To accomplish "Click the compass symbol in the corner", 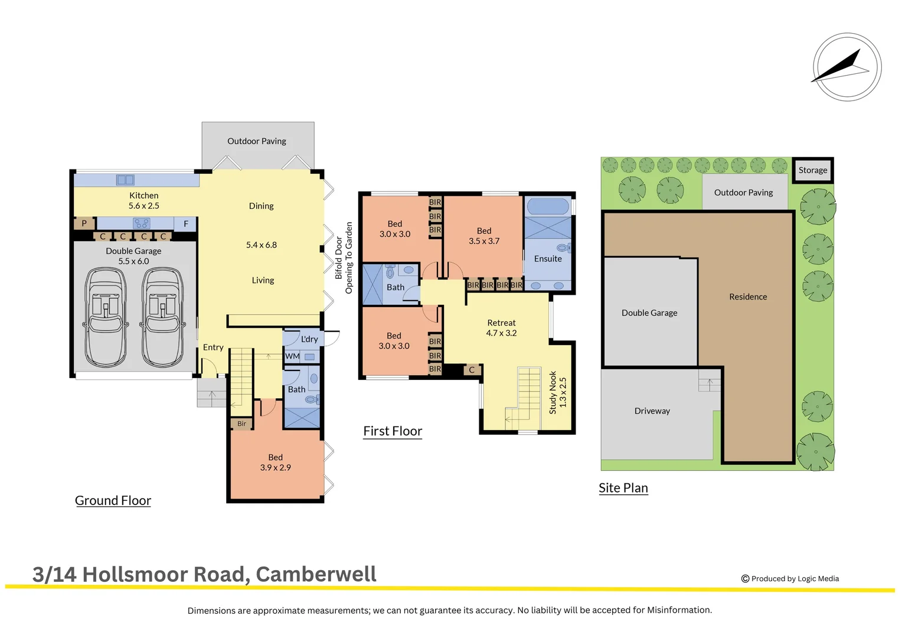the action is tap(847, 67).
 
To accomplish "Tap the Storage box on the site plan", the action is tap(813, 170).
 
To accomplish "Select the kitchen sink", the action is tap(125, 180).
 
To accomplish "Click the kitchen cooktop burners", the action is tap(141, 223).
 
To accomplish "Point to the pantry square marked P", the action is tap(84, 223).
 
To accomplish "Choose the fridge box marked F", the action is tap(186, 224).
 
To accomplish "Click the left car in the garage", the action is tap(106, 317).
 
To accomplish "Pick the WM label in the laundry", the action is tap(292, 356).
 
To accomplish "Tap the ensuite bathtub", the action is tap(548, 206).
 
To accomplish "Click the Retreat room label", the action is tap(501, 323).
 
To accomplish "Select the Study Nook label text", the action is tap(553, 392).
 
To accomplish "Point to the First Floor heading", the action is tap(393, 431).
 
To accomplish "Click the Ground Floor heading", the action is tap(113, 501).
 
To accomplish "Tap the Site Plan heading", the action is tap(623, 488).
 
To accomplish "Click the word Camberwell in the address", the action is tap(316, 574).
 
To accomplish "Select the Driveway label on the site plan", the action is tap(652, 411).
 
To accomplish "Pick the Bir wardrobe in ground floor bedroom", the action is tap(242, 424).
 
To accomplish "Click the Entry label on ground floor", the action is tap(213, 347).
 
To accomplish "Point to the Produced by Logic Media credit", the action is tap(790, 579).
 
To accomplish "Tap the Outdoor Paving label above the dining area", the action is tap(257, 141).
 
